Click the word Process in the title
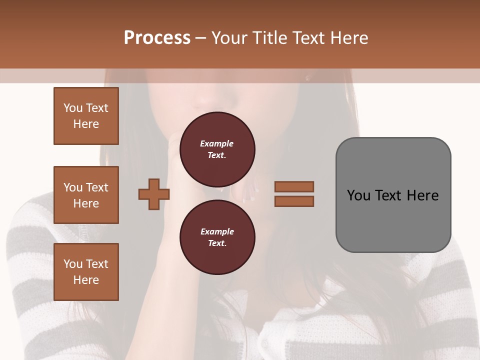pyautogui.click(x=157, y=38)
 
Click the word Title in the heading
pyautogui.click(x=268, y=38)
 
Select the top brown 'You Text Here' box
pyautogui.click(x=86, y=116)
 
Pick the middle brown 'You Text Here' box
pyautogui.click(x=86, y=195)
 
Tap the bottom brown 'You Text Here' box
pyautogui.click(x=86, y=272)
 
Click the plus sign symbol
pyautogui.click(x=154, y=194)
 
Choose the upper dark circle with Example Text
pyautogui.click(x=217, y=149)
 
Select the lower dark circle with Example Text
pyautogui.click(x=217, y=237)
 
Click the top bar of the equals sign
pyautogui.click(x=294, y=186)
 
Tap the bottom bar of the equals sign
pyautogui.click(x=294, y=201)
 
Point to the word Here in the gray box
pyautogui.click(x=422, y=195)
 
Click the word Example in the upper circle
pyautogui.click(x=217, y=143)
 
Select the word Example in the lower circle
pyautogui.click(x=217, y=231)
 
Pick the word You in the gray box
pyautogui.click(x=358, y=195)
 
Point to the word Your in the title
pyautogui.click(x=230, y=38)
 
